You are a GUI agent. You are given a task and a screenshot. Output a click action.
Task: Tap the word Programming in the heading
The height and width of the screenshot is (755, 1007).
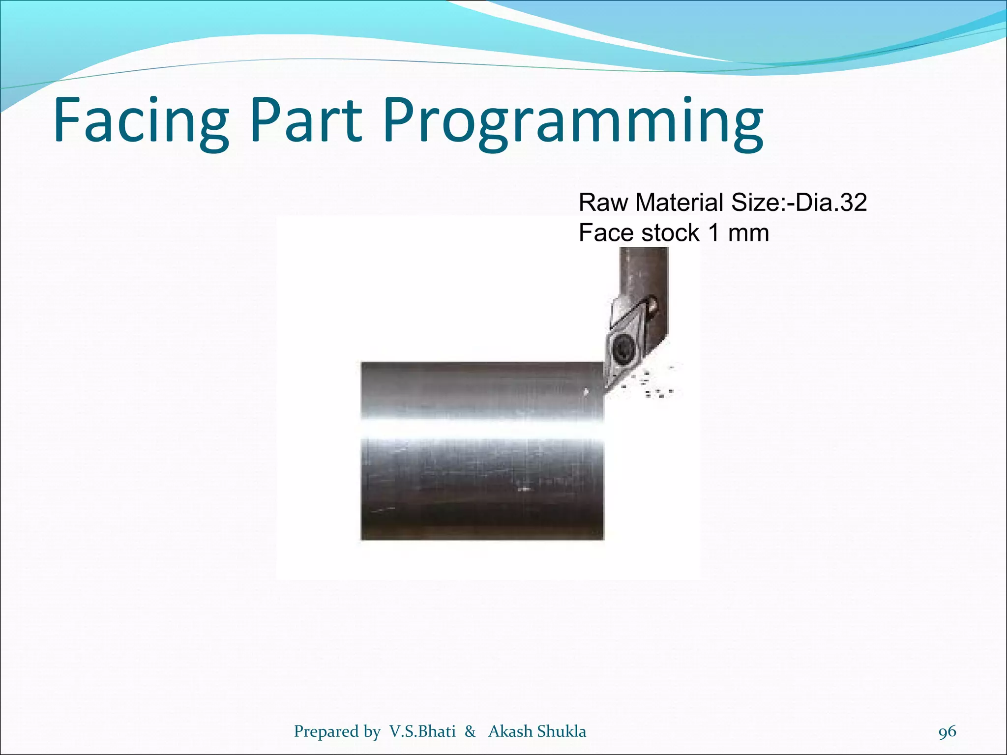(x=573, y=123)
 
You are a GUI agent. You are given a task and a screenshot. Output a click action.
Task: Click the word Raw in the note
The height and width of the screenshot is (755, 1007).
(x=604, y=203)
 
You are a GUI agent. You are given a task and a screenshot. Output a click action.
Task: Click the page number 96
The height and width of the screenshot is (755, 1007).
(x=947, y=731)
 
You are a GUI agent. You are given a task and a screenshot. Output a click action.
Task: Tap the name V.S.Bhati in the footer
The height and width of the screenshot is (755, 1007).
(x=422, y=731)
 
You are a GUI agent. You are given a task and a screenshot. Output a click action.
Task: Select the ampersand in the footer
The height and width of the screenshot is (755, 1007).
(x=470, y=731)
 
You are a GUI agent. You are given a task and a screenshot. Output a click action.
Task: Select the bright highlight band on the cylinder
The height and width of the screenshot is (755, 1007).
(x=482, y=429)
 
